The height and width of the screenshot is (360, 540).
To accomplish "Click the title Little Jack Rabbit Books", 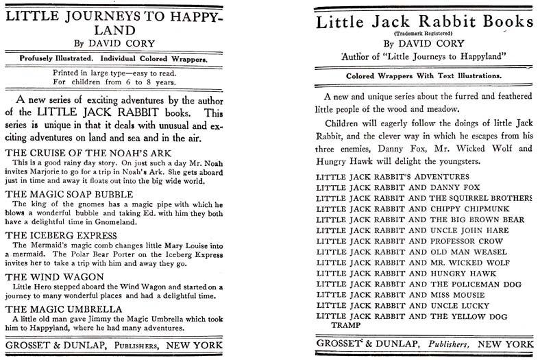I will pyautogui.click(x=424, y=22).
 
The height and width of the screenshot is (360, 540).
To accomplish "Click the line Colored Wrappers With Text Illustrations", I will pyautogui.click(x=424, y=75).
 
